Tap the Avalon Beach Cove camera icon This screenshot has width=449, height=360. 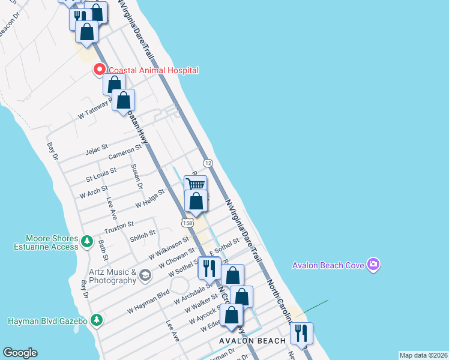click(x=373, y=265)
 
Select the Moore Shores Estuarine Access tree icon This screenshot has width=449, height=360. click(x=86, y=241)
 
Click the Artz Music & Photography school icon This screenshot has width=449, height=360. click(x=145, y=275)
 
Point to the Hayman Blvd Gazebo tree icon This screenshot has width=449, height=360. click(x=95, y=320)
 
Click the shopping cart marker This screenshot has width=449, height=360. click(x=196, y=184)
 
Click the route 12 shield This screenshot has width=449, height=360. click(x=208, y=163)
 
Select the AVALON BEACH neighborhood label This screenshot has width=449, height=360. click(x=252, y=341)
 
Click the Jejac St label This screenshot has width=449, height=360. click(x=96, y=146)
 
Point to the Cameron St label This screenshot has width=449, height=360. click(x=124, y=151)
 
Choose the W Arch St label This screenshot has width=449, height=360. click(x=93, y=192)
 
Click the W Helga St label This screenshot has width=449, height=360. click(x=149, y=199)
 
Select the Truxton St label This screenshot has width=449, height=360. click(x=118, y=227)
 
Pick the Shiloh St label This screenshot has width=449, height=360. click(x=143, y=235)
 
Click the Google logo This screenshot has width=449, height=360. click(x=20, y=353)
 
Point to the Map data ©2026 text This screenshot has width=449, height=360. click(x=423, y=355)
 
